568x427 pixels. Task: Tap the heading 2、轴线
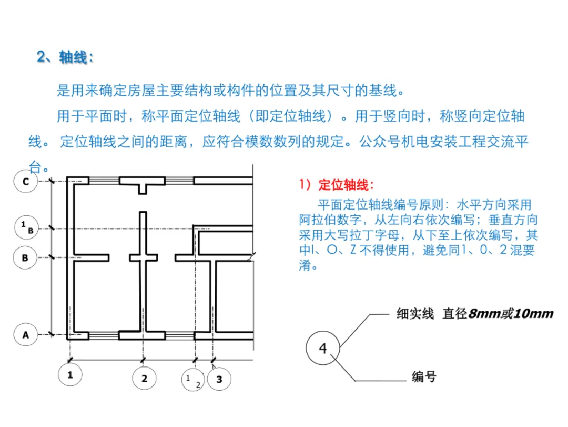[65, 57]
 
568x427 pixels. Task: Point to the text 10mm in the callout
[534, 313]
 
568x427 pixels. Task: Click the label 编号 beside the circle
[424, 376]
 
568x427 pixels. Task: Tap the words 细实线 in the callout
[415, 313]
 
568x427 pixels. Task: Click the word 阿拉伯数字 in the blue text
[330, 220]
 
